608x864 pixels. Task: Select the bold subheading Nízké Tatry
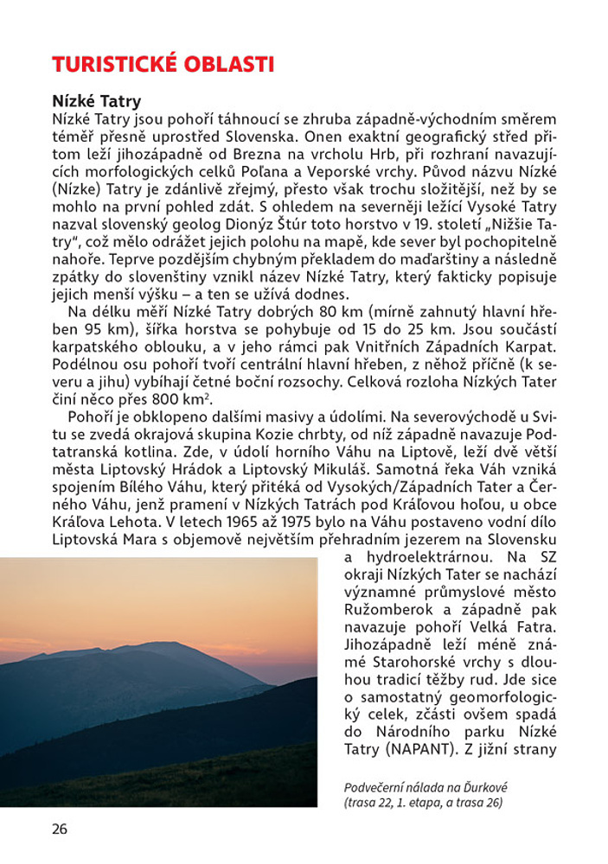coord(96,102)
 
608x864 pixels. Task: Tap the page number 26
coord(59,829)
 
